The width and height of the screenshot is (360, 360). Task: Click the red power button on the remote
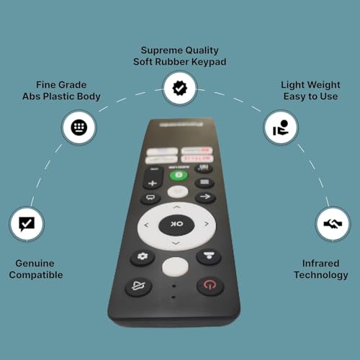pyautogui.click(x=210, y=285)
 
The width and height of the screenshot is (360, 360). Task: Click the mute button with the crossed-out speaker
pyautogui.click(x=139, y=286)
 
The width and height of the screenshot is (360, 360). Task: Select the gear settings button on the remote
pyautogui.click(x=143, y=258)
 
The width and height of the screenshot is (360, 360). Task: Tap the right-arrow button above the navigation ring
pyautogui.click(x=205, y=197)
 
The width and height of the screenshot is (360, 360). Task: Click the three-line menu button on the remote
pyautogui.click(x=204, y=183)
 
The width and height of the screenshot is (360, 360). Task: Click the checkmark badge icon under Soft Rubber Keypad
pyautogui.click(x=178, y=89)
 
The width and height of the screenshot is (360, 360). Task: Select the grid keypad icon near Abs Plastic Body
pyautogui.click(x=78, y=127)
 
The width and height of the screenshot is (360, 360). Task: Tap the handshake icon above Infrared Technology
pyautogui.click(x=333, y=224)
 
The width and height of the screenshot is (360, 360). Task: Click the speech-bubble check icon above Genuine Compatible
pyautogui.click(x=26, y=223)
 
